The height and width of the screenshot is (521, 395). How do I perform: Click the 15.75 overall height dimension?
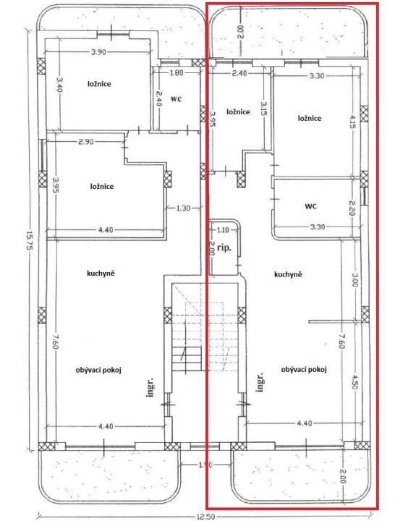pos(29,241)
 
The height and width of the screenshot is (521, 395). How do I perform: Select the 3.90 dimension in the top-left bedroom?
pos(98,51)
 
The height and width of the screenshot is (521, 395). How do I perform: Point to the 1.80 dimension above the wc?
pos(177,73)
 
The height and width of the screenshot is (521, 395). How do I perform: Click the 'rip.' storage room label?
pos(224,247)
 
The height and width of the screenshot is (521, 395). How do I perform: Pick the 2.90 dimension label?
pos(85,142)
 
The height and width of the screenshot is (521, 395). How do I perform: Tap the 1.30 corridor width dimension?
pos(183,208)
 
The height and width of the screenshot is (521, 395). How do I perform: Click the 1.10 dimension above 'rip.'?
pos(223,229)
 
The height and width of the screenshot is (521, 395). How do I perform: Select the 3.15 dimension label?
pos(263,109)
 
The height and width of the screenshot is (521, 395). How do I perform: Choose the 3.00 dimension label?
pos(354,280)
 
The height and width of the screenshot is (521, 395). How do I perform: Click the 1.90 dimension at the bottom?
pos(205,465)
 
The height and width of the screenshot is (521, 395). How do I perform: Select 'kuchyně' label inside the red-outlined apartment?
pos(288,274)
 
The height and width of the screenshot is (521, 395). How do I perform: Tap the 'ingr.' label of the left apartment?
pos(150,387)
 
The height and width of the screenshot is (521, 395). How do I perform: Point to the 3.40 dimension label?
pos(59,85)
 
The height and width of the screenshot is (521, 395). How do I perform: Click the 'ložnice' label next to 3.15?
pos(238,112)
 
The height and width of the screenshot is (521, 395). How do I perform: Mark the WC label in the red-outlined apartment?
pos(310,206)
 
